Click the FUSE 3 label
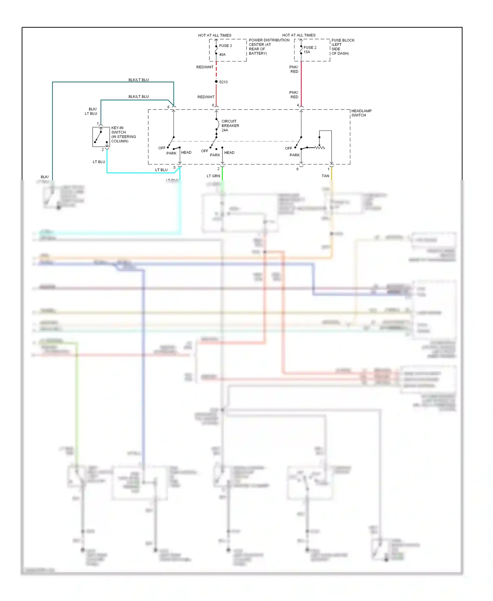coord(225,46)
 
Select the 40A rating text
coord(222,55)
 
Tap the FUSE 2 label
coord(310,47)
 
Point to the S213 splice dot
coord(216,82)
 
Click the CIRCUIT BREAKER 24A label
coord(230,126)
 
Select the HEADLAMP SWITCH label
coord(361,113)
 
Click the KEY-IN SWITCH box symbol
coord(101,137)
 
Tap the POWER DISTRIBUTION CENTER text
coord(269,40)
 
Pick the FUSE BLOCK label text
coord(343,40)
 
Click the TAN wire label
coord(325,176)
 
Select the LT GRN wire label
coord(213,176)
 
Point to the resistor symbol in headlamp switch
coord(320,148)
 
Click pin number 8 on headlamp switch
coord(213,105)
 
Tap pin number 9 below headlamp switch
coord(297,169)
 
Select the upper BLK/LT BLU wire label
coord(138,80)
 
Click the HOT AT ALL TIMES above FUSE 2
coord(299,35)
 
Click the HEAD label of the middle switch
coord(229,153)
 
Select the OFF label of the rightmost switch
coord(288,148)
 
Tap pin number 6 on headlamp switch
coord(168,107)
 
